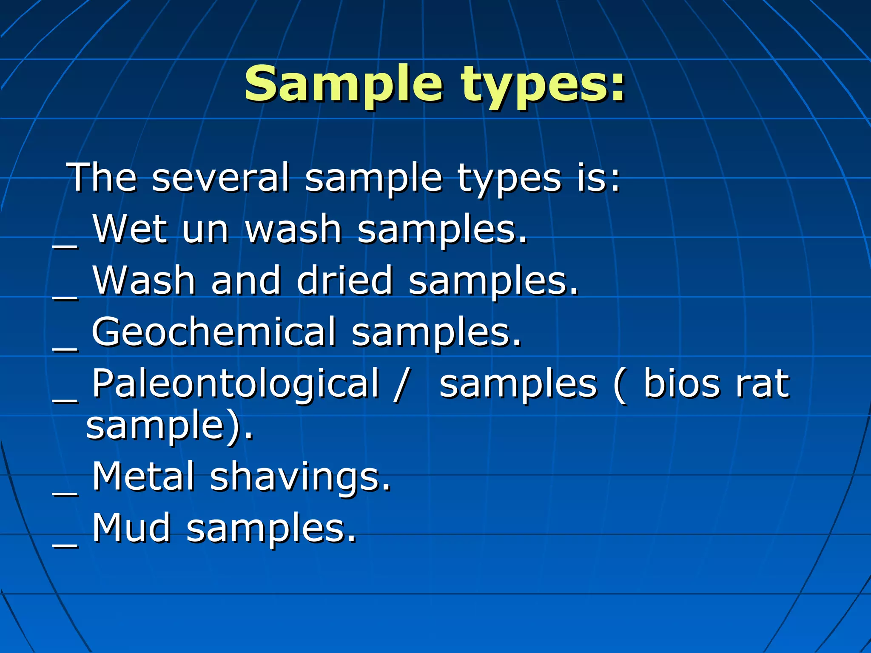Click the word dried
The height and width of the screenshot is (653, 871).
[344, 280]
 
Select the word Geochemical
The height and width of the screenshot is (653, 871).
[214, 332]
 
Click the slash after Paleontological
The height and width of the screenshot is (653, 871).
[401, 384]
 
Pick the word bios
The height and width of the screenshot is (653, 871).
[680, 383]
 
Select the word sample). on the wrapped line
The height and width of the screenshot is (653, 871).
[169, 426]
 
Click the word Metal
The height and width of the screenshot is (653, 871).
[143, 477]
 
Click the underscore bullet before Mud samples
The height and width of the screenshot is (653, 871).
[65, 546]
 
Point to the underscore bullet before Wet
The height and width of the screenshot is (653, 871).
[65, 246]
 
